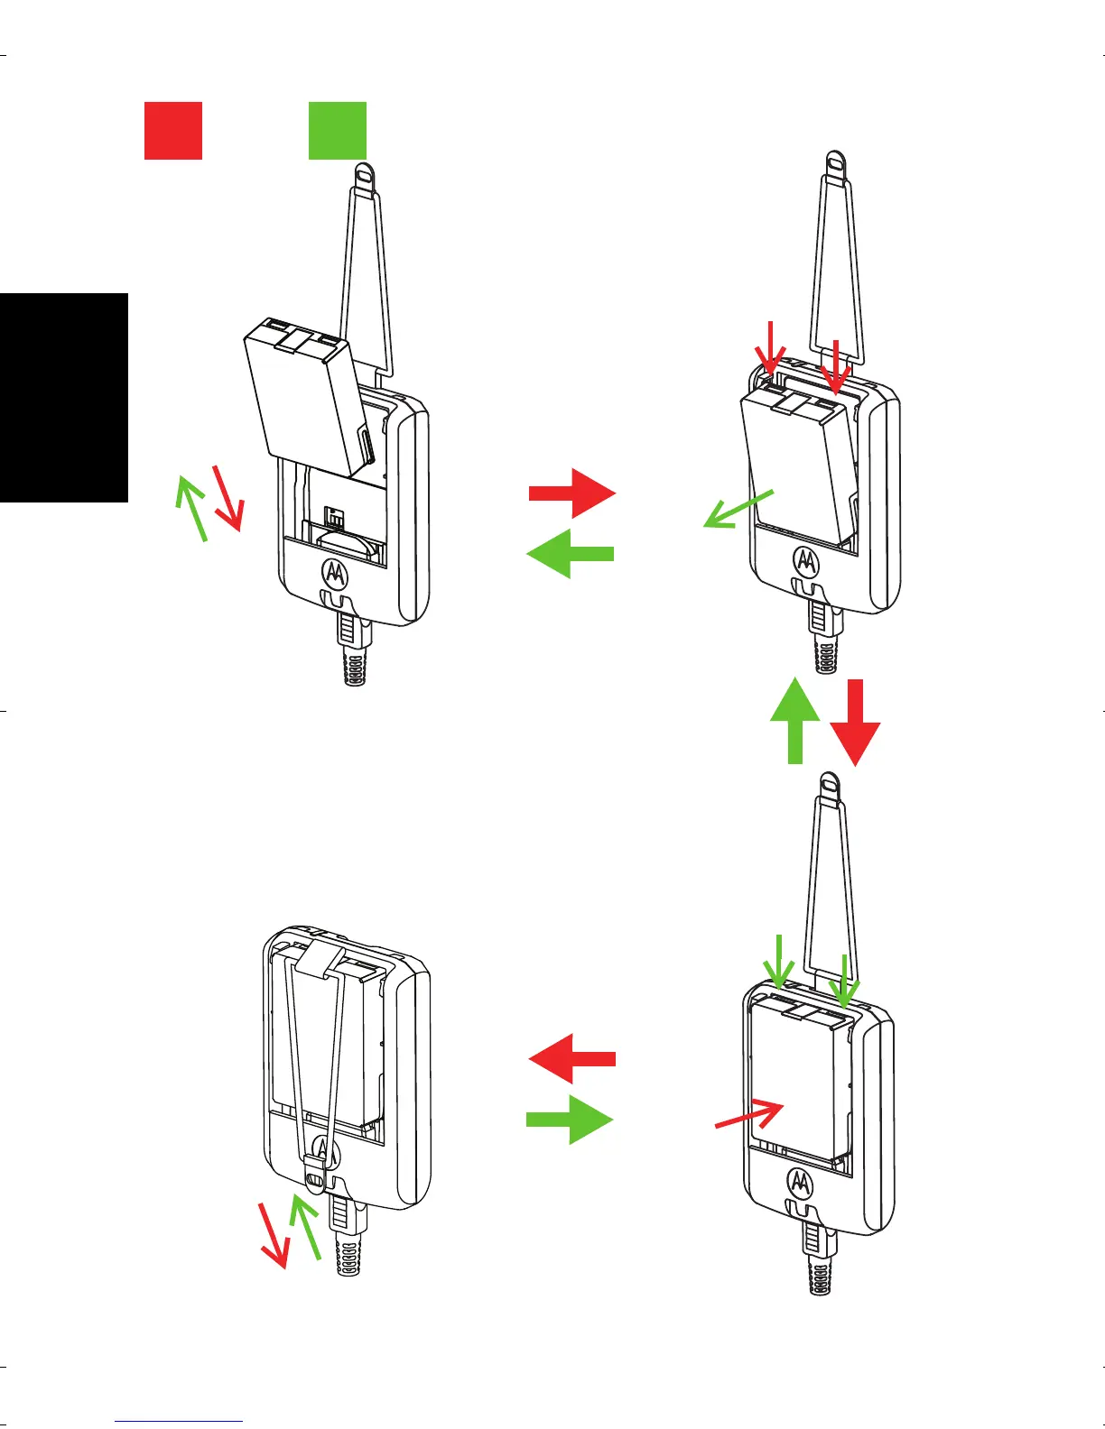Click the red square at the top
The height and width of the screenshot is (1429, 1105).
coord(173,131)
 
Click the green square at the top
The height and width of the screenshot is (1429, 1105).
coord(338,131)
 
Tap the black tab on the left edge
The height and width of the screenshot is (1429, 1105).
coord(63,397)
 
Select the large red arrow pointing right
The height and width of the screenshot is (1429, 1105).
coord(572,493)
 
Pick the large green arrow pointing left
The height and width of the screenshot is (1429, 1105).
coord(571,553)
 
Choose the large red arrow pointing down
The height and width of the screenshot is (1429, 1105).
coord(854,722)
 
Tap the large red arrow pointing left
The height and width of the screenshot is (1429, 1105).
coord(572,1058)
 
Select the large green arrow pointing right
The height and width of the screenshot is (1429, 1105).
coord(571,1120)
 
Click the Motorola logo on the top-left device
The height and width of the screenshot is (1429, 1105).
coord(335,571)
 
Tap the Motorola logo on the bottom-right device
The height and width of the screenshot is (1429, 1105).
coord(801,1181)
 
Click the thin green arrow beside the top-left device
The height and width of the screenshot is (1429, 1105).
coord(191,509)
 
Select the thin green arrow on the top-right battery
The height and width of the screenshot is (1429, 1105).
coord(738,509)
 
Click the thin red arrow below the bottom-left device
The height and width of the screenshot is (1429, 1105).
coord(274,1236)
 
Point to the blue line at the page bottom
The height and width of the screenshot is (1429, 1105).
coord(180,1422)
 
